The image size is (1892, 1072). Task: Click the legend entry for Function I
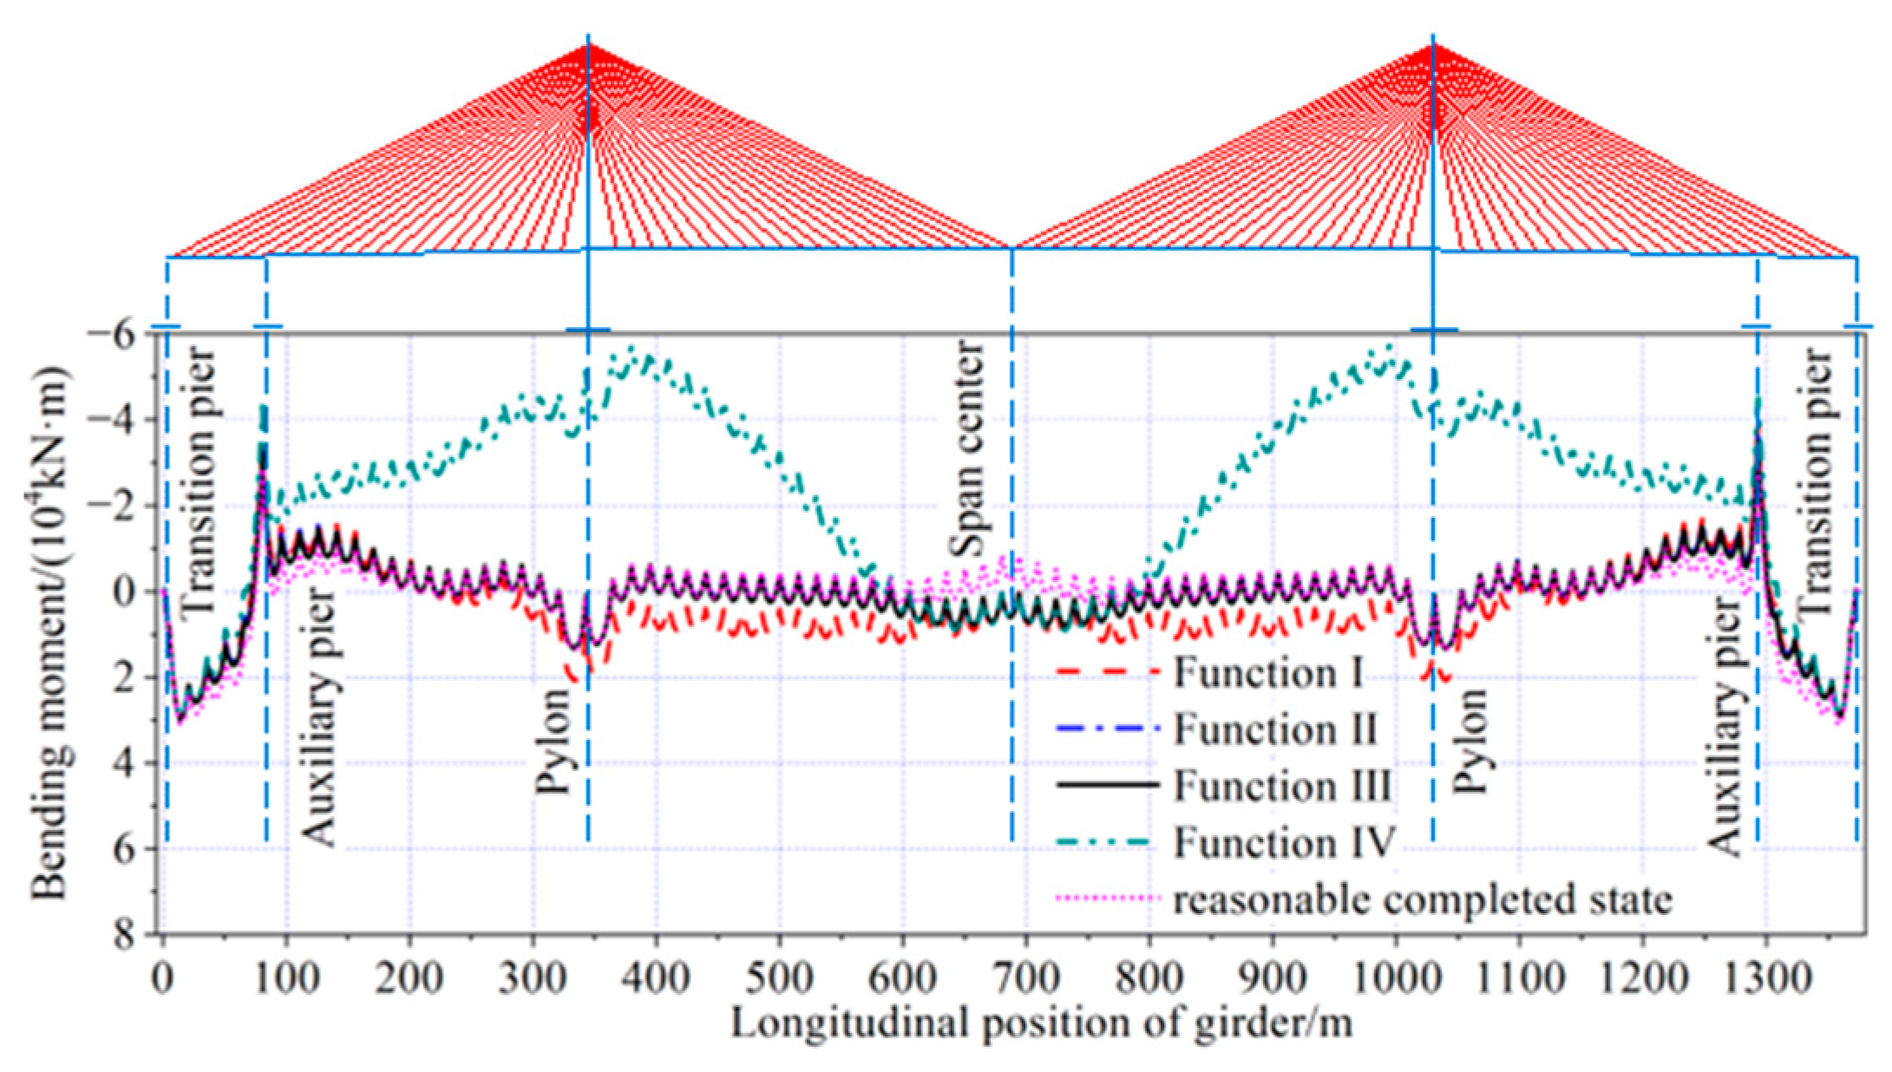[1267, 674]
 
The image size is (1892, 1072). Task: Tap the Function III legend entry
[1282, 786]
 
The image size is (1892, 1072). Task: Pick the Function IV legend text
[1284, 842]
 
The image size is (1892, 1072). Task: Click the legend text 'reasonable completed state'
[1423, 899]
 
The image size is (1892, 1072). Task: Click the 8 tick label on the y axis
[127, 934]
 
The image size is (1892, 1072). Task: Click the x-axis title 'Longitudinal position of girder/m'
[1041, 1023]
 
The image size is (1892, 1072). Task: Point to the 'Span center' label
[968, 448]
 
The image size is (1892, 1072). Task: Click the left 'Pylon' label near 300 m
[553, 742]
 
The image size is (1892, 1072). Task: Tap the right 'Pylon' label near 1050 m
[1470, 742]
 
